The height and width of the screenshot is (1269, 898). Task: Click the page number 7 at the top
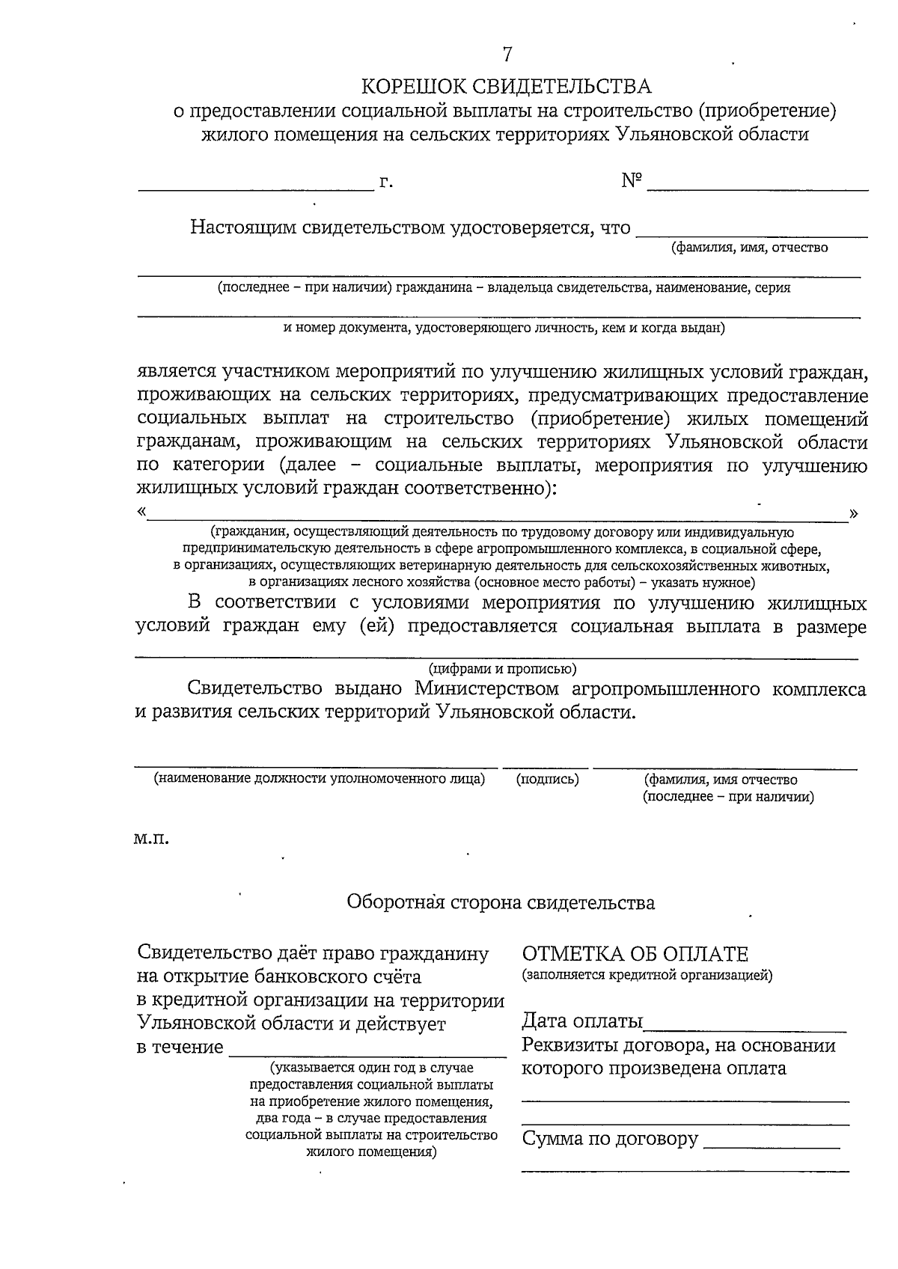tap(507, 54)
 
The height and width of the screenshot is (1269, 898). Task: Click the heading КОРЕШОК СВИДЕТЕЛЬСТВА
tap(507, 87)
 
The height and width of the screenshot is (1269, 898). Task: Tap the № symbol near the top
tap(632, 181)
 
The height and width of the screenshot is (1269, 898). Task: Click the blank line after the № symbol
tap(757, 189)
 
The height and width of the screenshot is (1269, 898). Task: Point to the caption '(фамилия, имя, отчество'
tap(749, 248)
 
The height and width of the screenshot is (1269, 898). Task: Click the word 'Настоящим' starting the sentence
tap(242, 227)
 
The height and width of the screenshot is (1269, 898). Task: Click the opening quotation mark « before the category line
tap(141, 513)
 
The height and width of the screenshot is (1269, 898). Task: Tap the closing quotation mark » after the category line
tap(854, 513)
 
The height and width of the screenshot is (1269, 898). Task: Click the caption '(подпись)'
tap(548, 779)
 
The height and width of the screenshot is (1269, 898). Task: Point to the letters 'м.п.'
tap(152, 839)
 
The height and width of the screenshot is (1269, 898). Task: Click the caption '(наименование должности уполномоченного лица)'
tap(320, 779)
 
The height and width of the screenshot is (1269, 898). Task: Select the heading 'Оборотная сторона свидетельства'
tap(501, 902)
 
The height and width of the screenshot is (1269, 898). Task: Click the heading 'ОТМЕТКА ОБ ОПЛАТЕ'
tap(635, 954)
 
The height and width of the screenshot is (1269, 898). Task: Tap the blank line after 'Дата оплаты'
tap(745, 1030)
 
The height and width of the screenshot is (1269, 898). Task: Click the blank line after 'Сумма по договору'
tap(772, 1147)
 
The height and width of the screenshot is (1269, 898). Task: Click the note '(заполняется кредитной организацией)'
tap(647, 975)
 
